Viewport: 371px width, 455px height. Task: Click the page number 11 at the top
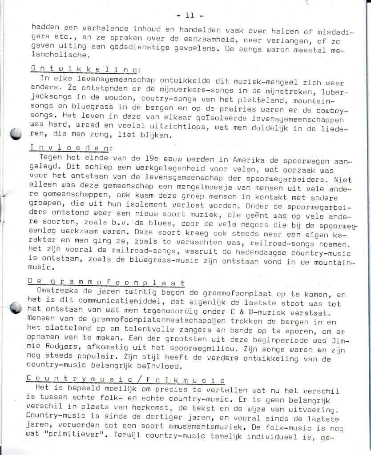pos(190,16)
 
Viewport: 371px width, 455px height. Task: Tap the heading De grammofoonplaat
pos(106,282)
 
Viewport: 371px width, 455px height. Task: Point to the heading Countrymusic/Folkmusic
pos(126,379)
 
